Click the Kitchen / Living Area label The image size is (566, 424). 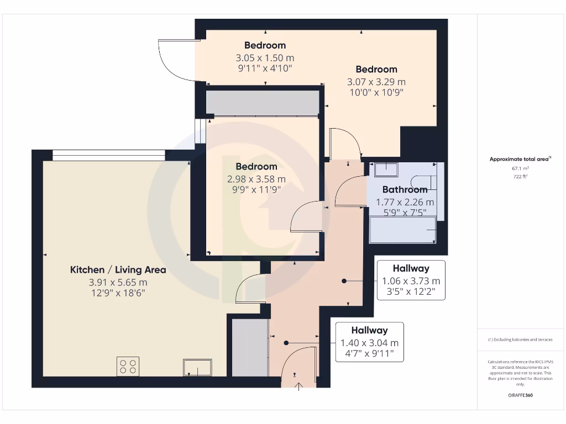point(118,270)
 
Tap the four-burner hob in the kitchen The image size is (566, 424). point(128,367)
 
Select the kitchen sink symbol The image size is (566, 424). point(197,367)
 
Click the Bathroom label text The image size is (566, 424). point(405,189)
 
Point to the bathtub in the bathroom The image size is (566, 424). point(402,230)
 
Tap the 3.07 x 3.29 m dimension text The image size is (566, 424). point(376,82)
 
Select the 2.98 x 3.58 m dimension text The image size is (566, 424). point(256,179)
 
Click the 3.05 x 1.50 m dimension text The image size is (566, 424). point(265,57)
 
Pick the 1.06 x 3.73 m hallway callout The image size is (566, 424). point(411,280)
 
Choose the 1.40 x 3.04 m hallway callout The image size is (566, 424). point(369,342)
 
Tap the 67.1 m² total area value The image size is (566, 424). point(519,168)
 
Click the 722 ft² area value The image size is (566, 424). point(519,177)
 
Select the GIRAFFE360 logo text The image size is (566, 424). point(520,395)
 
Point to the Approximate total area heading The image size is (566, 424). point(520,159)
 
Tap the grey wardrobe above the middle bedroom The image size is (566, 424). point(262,103)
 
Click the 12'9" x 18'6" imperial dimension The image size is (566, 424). point(118,293)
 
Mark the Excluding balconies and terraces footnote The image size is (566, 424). point(520,340)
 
